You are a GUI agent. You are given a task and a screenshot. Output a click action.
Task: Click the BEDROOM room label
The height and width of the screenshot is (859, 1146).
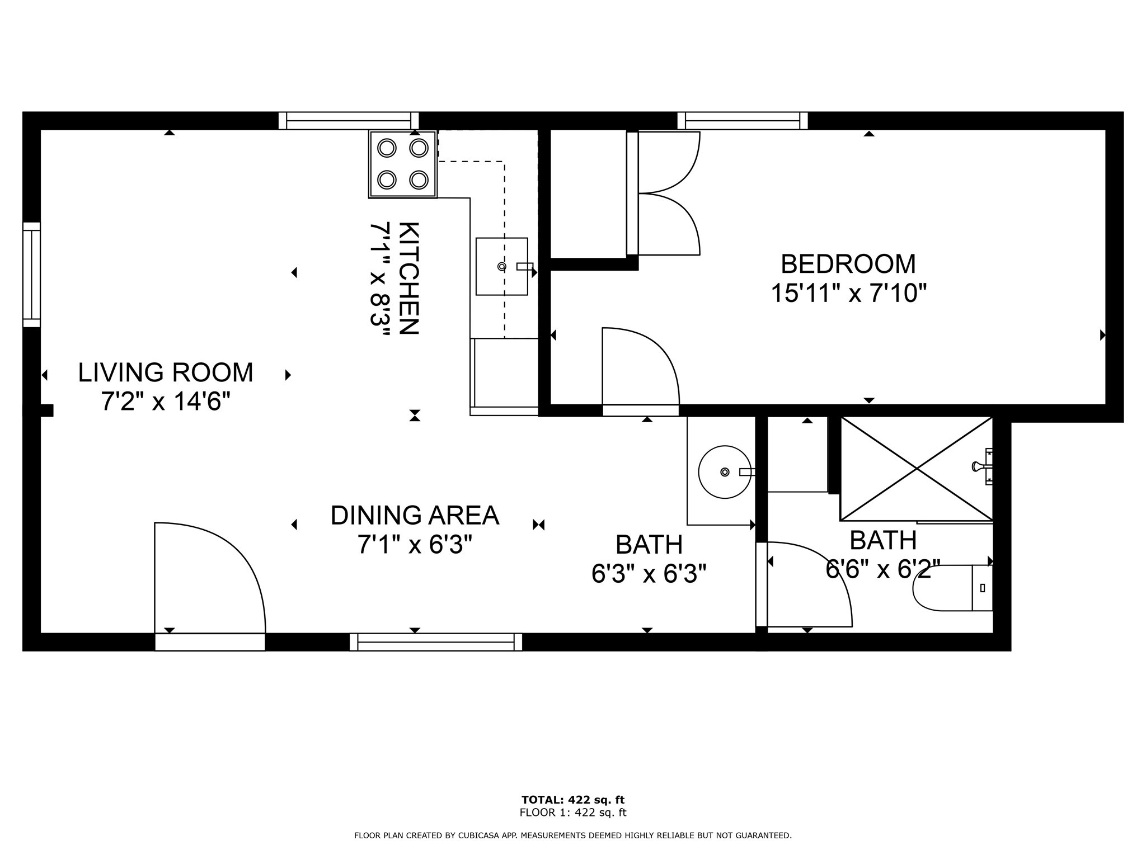tap(848, 264)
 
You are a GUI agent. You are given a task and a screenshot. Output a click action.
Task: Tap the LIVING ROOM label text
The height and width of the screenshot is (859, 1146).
tap(165, 372)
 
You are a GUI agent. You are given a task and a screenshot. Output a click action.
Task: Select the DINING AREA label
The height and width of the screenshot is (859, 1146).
tap(415, 516)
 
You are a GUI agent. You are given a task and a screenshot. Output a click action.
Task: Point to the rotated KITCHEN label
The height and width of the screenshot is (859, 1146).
tap(408, 278)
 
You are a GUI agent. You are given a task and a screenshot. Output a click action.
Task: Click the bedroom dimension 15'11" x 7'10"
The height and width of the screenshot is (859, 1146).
tap(849, 293)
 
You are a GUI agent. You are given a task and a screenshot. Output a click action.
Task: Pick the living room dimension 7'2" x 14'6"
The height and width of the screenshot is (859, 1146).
tap(166, 402)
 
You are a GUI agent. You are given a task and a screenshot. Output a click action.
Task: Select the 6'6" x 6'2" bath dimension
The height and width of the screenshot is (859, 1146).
tap(883, 569)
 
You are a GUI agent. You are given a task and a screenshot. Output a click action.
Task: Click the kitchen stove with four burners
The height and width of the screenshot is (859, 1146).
tap(403, 164)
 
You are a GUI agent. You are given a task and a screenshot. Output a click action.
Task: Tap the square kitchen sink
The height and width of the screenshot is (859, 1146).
tap(502, 266)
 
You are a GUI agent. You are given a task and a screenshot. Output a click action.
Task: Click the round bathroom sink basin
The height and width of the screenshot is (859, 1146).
tap(725, 472)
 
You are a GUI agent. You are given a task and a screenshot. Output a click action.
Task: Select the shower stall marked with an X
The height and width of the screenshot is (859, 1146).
tap(917, 469)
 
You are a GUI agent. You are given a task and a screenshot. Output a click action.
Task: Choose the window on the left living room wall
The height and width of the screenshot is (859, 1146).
tap(31, 275)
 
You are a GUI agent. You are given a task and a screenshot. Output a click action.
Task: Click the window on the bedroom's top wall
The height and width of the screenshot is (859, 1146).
tap(743, 121)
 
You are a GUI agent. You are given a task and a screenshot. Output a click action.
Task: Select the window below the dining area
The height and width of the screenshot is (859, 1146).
tap(436, 642)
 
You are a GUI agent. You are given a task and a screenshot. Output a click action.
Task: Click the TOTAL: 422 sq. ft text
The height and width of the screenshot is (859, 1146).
tap(573, 800)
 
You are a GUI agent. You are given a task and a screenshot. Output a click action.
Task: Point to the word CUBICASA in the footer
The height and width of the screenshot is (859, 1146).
tap(479, 836)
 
